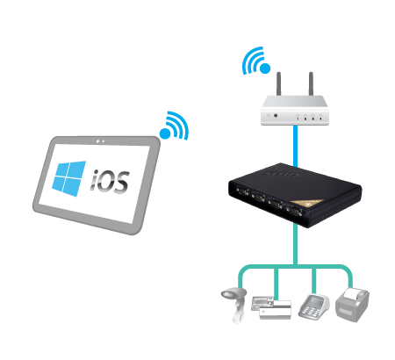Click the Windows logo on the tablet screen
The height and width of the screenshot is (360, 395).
[69, 178]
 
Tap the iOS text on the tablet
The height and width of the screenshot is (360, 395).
[110, 182]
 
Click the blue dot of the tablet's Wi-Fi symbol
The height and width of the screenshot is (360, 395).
[165, 133]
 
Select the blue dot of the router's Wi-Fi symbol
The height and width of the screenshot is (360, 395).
[265, 68]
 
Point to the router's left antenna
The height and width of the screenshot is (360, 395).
[279, 83]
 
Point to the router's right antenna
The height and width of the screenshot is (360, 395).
[311, 83]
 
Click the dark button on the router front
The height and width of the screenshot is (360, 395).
[276, 116]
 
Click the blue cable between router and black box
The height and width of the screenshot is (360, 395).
[296, 146]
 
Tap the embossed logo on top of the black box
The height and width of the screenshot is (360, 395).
[282, 174]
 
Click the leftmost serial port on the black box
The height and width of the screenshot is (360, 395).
[241, 191]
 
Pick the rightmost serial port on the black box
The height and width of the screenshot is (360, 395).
[294, 212]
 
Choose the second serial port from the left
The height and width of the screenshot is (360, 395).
[258, 198]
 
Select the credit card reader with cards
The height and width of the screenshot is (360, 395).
[271, 307]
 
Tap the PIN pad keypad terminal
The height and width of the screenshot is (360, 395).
[313, 306]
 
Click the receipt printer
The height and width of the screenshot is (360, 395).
[352, 305]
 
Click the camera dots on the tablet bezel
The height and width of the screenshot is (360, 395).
[100, 141]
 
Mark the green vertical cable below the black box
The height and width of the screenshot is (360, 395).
[296, 245]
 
